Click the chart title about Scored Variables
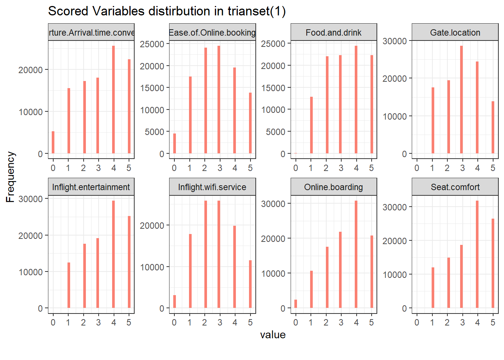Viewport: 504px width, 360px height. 167,11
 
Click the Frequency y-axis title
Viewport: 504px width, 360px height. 10,177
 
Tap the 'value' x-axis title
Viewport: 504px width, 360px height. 273,334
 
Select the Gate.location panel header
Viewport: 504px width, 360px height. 455,33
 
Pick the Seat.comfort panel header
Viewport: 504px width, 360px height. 455,187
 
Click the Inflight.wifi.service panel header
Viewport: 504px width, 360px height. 212,187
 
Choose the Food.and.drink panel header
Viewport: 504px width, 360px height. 333,33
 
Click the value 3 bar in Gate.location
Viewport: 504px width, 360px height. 462,100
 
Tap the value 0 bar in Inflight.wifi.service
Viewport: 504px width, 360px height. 174,301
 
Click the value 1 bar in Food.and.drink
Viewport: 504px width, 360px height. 311,125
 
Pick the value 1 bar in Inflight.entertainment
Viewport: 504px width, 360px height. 69,285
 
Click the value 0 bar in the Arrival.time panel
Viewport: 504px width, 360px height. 53,142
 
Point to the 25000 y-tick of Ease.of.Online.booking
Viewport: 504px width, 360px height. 152,44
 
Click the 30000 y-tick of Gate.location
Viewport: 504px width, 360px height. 394,41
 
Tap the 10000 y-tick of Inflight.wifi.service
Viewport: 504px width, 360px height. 152,267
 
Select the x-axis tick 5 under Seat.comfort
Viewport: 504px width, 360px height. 493,322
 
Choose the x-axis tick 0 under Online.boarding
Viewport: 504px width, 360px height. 295,322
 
